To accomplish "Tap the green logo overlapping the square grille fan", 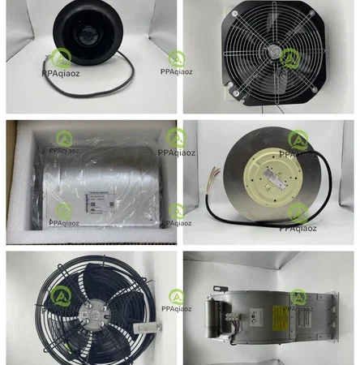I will (x=176, y=58).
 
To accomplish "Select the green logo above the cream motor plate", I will (x=298, y=139).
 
